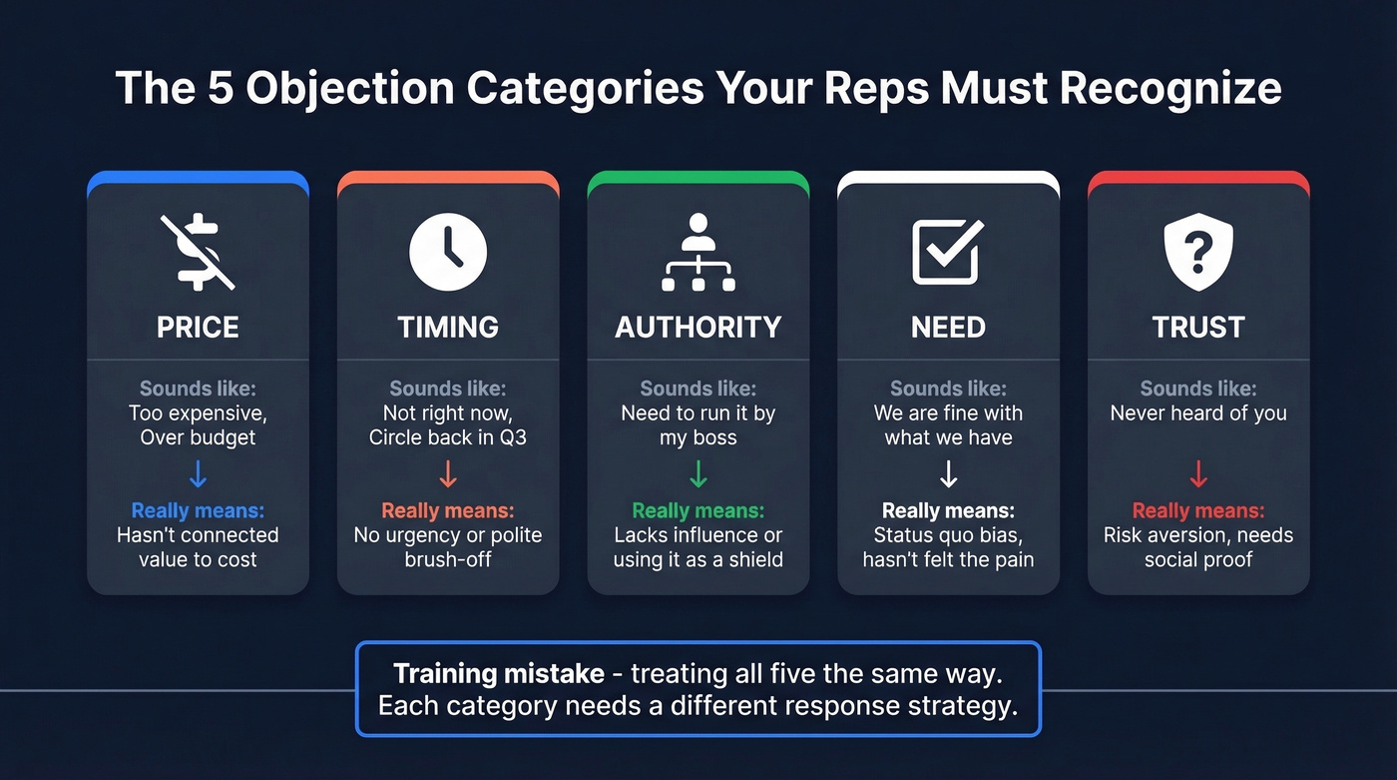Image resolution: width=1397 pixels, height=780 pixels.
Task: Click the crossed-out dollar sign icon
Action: click(198, 252)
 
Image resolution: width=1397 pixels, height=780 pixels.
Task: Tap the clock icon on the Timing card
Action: click(448, 252)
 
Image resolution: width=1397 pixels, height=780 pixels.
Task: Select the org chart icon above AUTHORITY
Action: click(698, 252)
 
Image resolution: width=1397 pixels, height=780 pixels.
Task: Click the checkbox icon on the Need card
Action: click(948, 252)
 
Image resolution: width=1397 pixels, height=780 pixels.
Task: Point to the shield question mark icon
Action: click(1198, 252)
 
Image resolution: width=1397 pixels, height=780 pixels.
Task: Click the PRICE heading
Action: click(198, 327)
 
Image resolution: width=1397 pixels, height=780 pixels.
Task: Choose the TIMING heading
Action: click(448, 327)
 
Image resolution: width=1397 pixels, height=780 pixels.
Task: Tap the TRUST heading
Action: click(1198, 327)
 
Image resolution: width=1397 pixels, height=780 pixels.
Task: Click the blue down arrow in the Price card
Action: click(198, 472)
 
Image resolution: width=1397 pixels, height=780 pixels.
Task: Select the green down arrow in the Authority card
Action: click(698, 472)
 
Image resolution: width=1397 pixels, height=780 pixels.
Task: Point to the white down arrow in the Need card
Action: click(948, 472)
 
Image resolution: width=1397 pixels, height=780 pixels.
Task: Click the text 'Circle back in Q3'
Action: click(448, 437)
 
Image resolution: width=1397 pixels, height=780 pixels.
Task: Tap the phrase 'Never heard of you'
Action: click(1198, 412)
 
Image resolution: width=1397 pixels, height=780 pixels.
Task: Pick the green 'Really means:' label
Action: click(698, 510)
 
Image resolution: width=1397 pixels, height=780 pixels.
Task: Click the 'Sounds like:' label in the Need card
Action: click(948, 389)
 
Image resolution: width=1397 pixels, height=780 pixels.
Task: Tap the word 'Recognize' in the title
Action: click(1169, 88)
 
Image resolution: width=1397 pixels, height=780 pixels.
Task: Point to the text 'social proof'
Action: click(1198, 559)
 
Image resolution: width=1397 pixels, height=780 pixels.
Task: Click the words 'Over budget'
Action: click(198, 437)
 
